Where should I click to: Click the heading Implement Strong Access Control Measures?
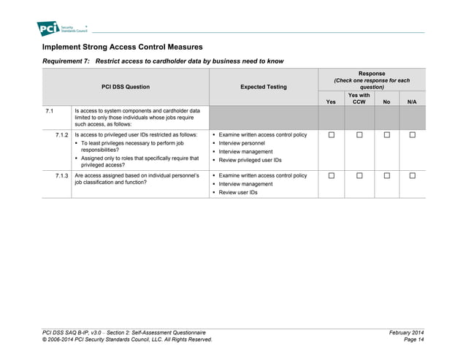pyautogui.click(x=123, y=47)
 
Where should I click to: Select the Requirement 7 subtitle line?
pyautogui.click(x=163, y=61)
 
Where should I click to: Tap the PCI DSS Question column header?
pyautogui.click(x=126, y=87)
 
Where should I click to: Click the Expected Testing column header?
pyautogui.click(x=263, y=87)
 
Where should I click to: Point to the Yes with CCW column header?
pyautogui.click(x=359, y=99)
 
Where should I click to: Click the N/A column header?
pyautogui.click(x=411, y=102)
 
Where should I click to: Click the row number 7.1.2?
pyautogui.click(x=61, y=135)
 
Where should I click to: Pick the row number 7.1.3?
pyautogui.click(x=61, y=176)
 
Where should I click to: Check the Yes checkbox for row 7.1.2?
pyautogui.click(x=331, y=135)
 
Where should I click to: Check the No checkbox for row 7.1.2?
pyautogui.click(x=386, y=135)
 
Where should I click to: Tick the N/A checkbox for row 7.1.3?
pyautogui.click(x=412, y=176)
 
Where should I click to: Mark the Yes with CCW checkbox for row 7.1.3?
pyautogui.click(x=359, y=176)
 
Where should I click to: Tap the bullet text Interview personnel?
pyautogui.click(x=245, y=143)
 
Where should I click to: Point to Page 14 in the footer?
pyautogui.click(x=413, y=340)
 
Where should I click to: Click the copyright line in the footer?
pyautogui.click(x=127, y=340)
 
